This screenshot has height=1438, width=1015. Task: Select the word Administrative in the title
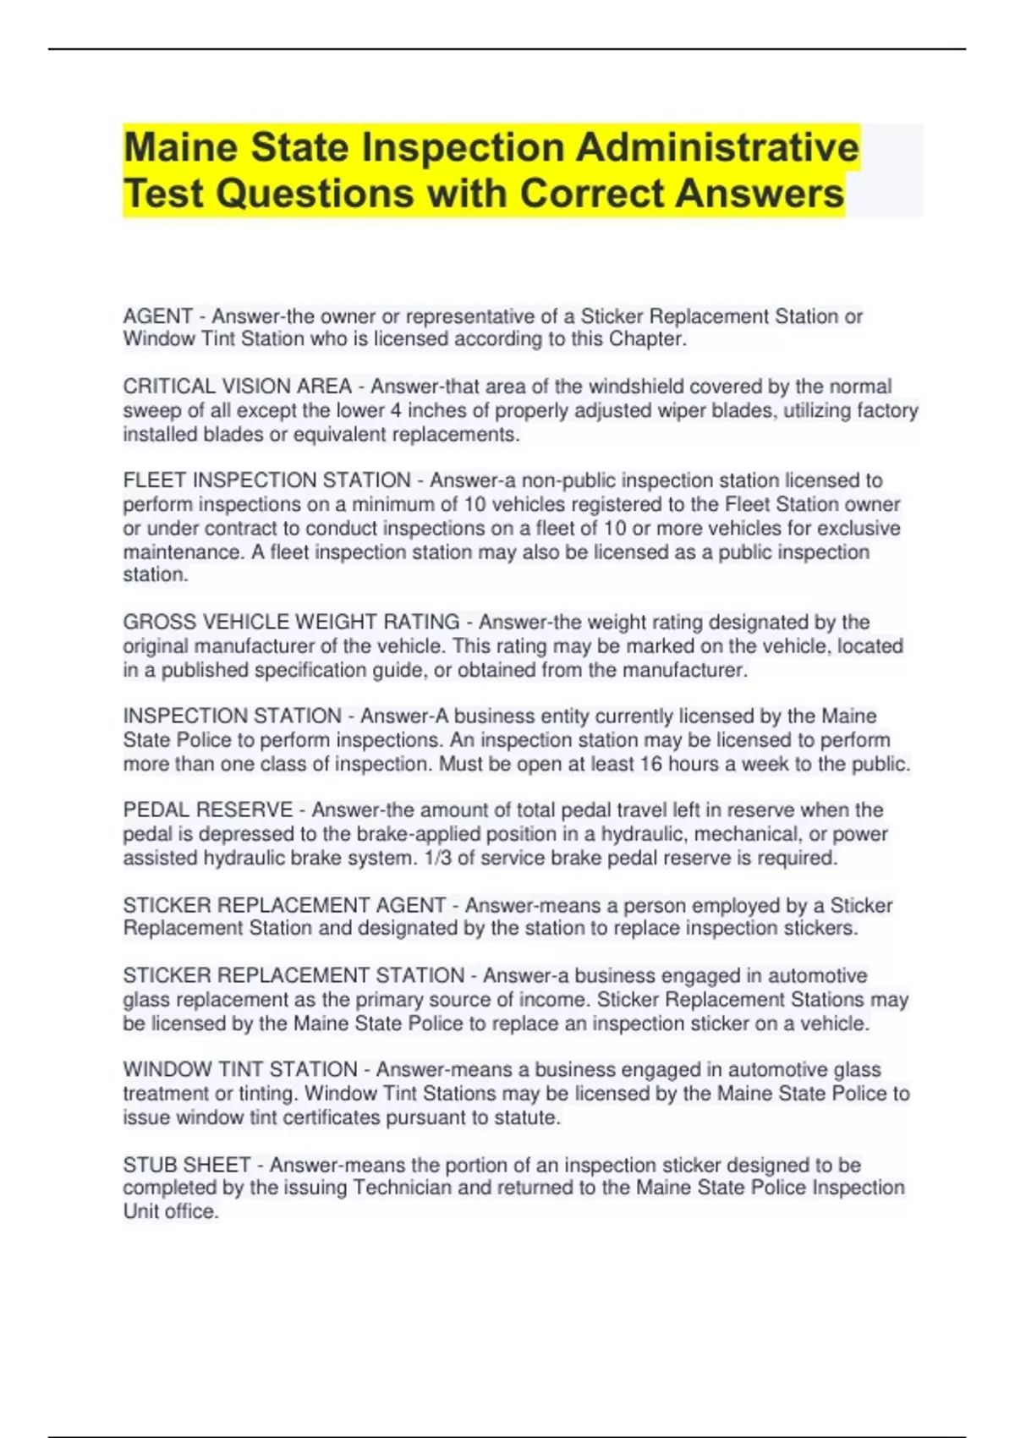[x=717, y=148]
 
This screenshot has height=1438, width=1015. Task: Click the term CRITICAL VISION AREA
[x=237, y=387]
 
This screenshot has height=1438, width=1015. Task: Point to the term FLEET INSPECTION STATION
[x=266, y=480]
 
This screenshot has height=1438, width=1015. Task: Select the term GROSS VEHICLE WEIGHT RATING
[x=291, y=623]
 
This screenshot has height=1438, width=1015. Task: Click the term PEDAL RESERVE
[x=207, y=810]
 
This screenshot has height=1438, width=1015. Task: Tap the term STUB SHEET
[x=186, y=1165]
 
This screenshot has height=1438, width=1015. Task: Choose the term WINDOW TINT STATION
[x=240, y=1070]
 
